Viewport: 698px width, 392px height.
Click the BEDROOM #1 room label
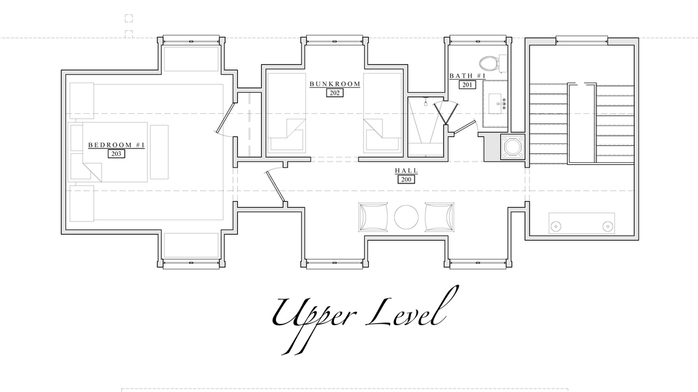click(x=117, y=145)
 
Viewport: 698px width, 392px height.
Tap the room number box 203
click(x=116, y=153)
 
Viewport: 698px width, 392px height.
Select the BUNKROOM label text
click(x=335, y=84)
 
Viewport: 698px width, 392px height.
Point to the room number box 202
click(x=335, y=93)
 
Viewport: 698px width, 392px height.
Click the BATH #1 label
click(x=467, y=76)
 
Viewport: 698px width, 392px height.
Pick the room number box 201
click(x=467, y=85)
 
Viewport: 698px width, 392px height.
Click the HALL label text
click(x=406, y=170)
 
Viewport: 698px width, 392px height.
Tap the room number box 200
click(x=406, y=179)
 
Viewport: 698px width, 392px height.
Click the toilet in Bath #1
click(x=494, y=63)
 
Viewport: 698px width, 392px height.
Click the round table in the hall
click(x=406, y=217)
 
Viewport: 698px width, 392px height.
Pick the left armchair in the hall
click(x=373, y=217)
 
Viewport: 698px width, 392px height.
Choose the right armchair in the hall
click(x=440, y=217)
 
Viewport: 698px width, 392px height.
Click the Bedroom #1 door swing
click(x=225, y=119)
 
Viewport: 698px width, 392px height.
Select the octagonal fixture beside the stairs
click(x=513, y=147)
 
